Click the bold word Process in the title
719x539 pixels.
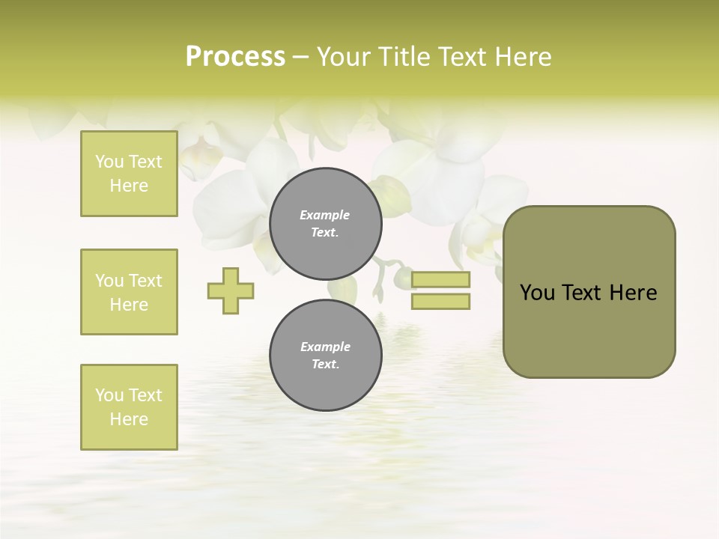coord(235,57)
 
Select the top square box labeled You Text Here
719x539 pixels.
coord(129,174)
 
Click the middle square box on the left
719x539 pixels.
coord(129,292)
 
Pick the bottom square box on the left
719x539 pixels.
coord(129,407)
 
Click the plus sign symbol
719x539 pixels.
coord(231,290)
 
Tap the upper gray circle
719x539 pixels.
coord(326,224)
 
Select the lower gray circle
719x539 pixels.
coord(326,356)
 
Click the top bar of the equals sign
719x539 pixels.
coord(440,280)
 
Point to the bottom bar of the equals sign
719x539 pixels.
coord(440,301)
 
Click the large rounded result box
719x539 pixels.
coord(589,292)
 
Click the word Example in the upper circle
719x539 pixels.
coord(325,215)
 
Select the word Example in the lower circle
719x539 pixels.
coord(325,347)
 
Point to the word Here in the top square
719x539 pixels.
coord(129,186)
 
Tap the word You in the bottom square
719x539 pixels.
coord(109,395)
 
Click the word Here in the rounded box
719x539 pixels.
coord(633,293)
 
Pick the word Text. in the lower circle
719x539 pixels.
coord(325,365)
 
